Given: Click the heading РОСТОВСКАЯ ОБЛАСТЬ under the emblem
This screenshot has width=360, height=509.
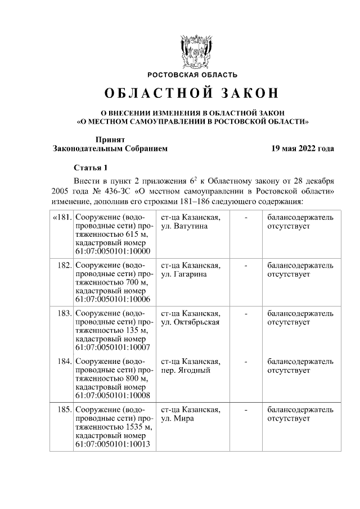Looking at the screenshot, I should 192,75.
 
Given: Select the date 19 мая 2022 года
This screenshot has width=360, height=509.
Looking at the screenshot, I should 303,148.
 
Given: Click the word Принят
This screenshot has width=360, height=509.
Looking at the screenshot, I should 110,139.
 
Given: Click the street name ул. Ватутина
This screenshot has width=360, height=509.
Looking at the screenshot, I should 184,226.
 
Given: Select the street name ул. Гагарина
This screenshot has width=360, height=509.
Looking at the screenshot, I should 183,274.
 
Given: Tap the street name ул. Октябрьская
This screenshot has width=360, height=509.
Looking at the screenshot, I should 190,322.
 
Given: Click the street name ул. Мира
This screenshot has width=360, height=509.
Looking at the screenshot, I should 177,419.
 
